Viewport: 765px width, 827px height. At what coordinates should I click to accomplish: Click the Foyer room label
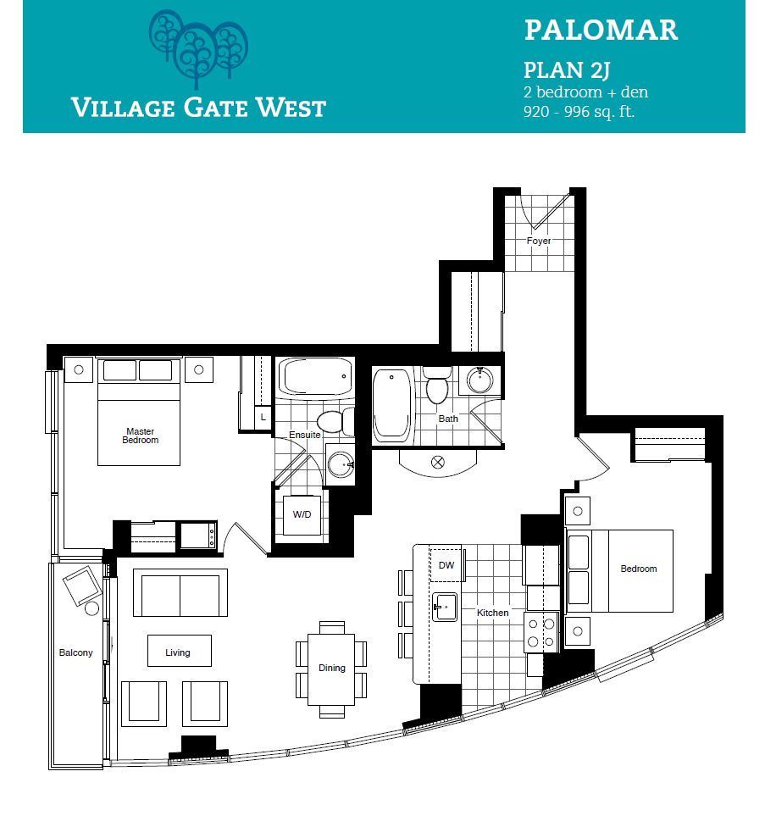coord(538,241)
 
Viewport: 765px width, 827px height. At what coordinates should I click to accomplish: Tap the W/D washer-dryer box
coord(302,515)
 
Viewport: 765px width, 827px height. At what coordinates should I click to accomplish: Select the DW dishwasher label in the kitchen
coord(446,565)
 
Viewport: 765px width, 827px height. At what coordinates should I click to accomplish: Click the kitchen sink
coord(445,607)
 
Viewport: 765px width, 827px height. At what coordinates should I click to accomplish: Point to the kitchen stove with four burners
coord(541,632)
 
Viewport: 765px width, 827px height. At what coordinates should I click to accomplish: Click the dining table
coord(331,669)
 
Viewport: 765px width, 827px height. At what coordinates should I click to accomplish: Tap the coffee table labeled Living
coord(180,650)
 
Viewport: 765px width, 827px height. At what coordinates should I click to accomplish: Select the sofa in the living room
coord(180,592)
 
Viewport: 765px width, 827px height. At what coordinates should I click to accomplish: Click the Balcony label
coord(76,652)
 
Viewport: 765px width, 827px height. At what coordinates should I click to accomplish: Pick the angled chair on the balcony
coord(81,586)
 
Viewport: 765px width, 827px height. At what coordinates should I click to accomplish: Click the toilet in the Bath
coord(437,386)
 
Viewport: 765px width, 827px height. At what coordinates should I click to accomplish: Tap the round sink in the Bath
coord(480,380)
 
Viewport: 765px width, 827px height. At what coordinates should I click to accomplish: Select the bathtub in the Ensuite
coord(315,376)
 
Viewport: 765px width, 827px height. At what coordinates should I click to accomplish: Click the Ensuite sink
coord(341,464)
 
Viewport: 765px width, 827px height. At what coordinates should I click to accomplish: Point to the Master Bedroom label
coord(141,436)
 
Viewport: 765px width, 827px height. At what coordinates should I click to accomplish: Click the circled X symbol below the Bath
coord(438,463)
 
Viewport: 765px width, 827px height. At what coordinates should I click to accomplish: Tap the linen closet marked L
coord(263,418)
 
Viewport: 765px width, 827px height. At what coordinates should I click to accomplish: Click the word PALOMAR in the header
coord(601,30)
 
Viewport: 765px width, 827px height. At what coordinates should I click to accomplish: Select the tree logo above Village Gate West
coord(198,48)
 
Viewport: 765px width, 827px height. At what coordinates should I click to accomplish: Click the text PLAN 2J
coord(567,70)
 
